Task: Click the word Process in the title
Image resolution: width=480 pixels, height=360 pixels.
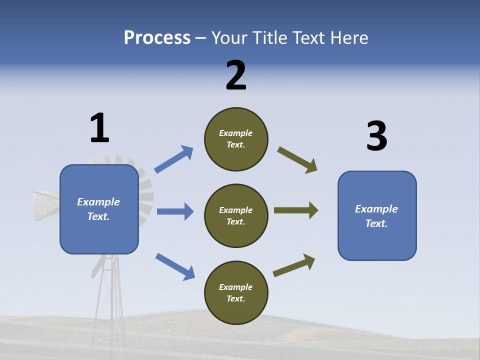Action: (x=157, y=38)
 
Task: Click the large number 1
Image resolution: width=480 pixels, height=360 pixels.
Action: (x=99, y=128)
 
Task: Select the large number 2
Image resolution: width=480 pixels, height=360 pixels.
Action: (x=236, y=75)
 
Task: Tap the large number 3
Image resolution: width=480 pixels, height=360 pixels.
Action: (x=377, y=136)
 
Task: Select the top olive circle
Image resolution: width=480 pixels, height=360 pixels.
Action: (x=236, y=139)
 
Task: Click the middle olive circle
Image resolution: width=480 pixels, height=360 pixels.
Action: (x=236, y=215)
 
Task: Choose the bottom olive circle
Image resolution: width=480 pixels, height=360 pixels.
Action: (x=236, y=292)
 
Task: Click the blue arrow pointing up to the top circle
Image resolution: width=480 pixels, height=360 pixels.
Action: (x=173, y=159)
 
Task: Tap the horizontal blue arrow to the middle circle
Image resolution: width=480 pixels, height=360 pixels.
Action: (x=175, y=211)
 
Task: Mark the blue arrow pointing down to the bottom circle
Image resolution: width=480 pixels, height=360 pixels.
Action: (x=175, y=266)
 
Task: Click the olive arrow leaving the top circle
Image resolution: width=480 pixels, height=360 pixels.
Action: (x=297, y=160)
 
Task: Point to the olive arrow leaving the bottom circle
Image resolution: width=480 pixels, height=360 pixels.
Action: (x=294, y=265)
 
